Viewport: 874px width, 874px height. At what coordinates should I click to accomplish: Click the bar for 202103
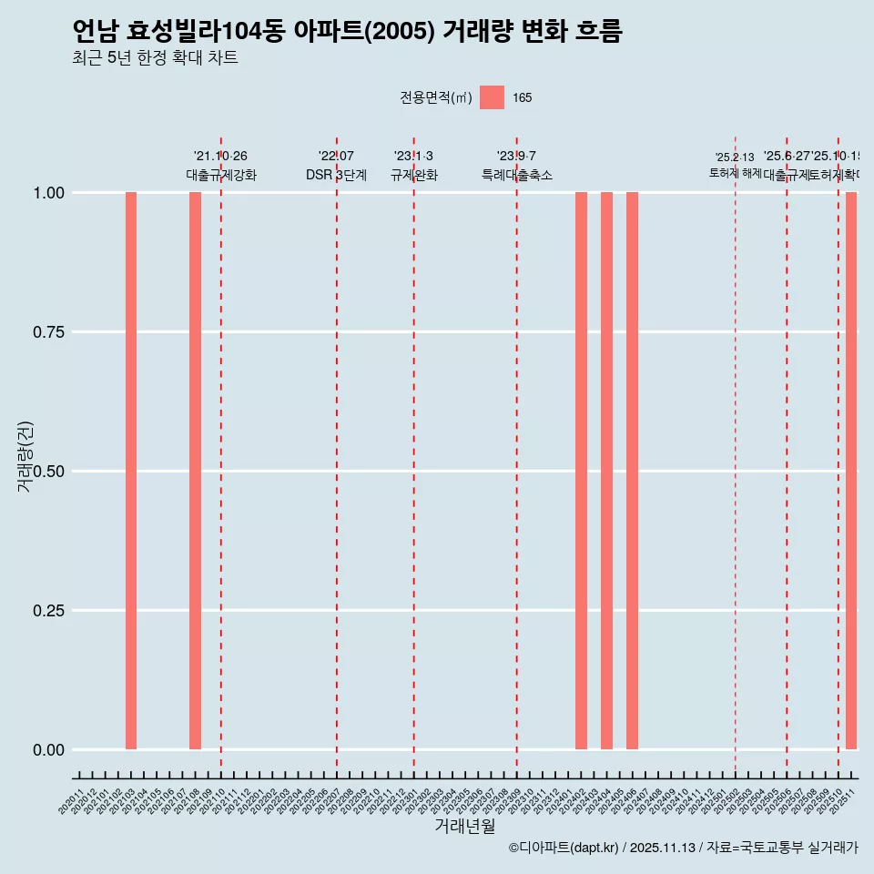(x=131, y=471)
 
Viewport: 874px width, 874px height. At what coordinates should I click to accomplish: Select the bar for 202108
(x=195, y=471)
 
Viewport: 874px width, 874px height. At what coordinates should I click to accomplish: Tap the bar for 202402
(x=581, y=471)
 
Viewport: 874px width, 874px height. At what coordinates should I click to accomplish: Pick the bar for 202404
(x=606, y=471)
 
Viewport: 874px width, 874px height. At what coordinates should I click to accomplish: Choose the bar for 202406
(x=632, y=471)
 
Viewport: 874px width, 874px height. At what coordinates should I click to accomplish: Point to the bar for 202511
(x=851, y=471)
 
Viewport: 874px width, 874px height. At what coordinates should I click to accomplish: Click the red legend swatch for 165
(x=492, y=97)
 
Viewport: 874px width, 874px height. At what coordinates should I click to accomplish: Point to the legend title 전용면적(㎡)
(x=436, y=97)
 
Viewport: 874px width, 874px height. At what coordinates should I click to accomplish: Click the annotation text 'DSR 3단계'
(x=336, y=175)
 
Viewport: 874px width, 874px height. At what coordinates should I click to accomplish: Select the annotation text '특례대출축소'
(x=517, y=175)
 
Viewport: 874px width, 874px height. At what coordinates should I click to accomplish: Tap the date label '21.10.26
(x=220, y=157)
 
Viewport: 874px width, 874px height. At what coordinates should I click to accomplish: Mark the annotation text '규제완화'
(x=414, y=175)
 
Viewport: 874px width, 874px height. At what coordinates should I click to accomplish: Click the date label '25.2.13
(x=734, y=158)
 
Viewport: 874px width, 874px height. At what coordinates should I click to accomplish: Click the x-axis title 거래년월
(x=465, y=826)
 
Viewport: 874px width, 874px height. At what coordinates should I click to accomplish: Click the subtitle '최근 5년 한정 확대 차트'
(x=155, y=58)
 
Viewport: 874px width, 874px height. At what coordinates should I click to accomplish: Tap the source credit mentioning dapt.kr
(x=683, y=848)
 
